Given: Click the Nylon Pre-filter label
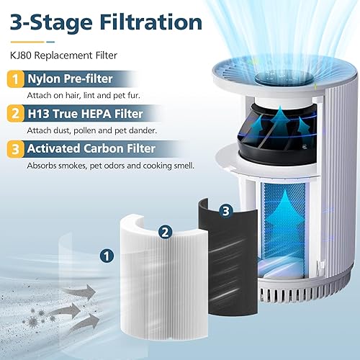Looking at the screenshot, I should click(x=76, y=81).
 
